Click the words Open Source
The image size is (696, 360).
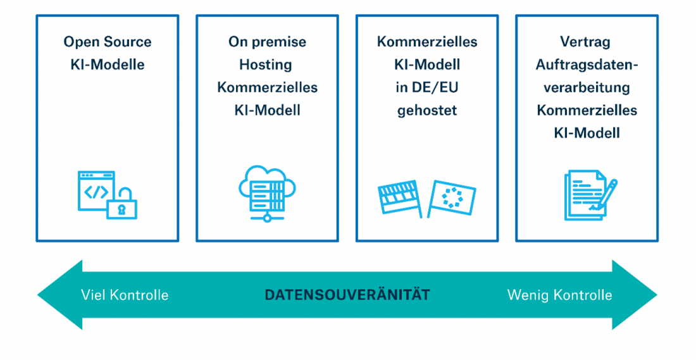pos(108,42)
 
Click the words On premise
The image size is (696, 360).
pos(267,42)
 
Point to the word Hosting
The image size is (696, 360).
pos(267,65)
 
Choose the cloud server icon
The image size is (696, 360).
pos(267,193)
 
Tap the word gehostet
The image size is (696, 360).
pos(427,110)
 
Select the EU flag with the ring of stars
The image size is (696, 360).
pos(452,197)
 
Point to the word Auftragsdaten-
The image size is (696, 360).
pos(587,65)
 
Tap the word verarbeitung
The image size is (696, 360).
pos(587,87)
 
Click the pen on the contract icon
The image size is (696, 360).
pos(604,194)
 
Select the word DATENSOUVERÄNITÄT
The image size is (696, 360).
pos(347,295)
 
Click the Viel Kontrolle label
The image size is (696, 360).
pos(125,295)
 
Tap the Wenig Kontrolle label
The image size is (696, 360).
pos(559,295)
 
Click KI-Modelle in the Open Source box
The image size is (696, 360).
pos(108,65)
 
